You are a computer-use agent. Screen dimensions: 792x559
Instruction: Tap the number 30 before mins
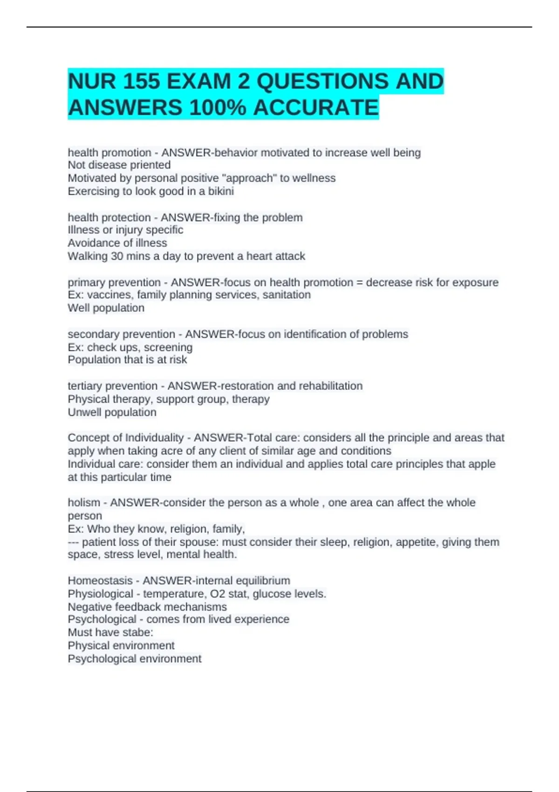[x=117, y=256]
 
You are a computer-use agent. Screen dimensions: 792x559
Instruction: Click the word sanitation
[x=286, y=294]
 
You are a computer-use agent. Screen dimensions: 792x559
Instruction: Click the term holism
[x=84, y=502]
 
